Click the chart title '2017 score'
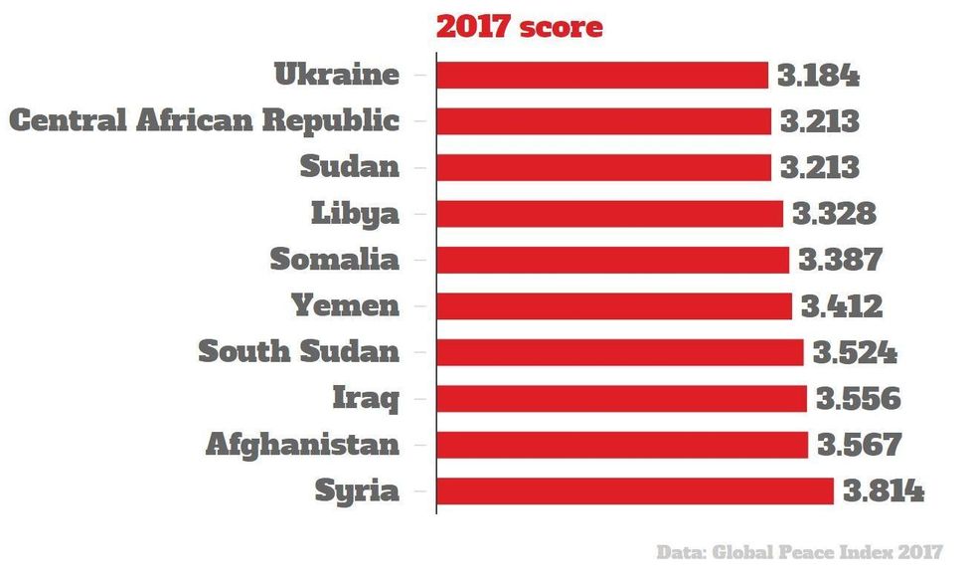[519, 27]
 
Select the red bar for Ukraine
[602, 76]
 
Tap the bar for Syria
[634, 491]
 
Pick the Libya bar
[609, 214]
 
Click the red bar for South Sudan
[619, 352]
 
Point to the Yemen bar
[614, 306]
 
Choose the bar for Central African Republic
[603, 121]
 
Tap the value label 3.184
[818, 76]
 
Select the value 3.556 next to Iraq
[858, 399]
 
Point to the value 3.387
[840, 260]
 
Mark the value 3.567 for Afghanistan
[859, 445]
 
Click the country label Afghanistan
[302, 445]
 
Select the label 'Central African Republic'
[204, 121]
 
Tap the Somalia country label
[335, 260]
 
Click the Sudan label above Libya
[350, 167]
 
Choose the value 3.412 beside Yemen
[842, 306]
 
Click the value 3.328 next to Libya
[834, 214]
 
